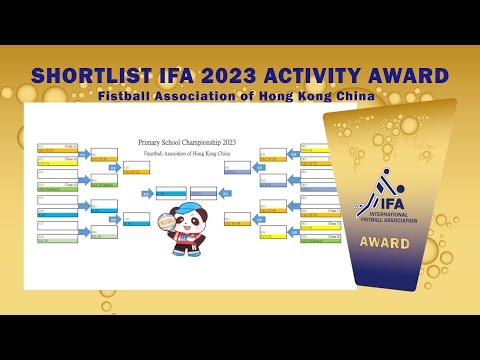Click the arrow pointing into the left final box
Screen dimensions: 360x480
click(146, 193)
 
